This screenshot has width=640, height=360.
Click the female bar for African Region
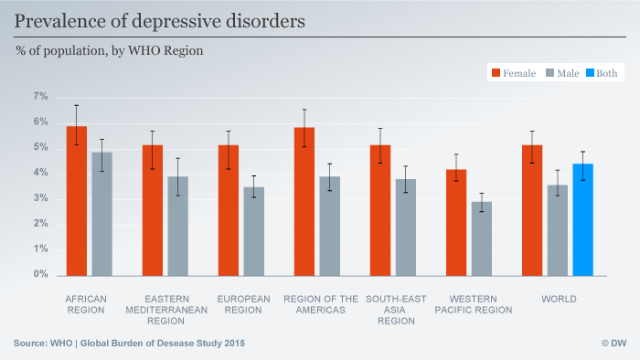coord(76,201)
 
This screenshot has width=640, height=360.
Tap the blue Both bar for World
coord(582,219)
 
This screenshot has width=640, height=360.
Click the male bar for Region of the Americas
coord(329,226)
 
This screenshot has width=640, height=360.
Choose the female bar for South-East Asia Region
coord(380,210)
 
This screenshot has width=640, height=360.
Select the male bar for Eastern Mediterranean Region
coord(177,226)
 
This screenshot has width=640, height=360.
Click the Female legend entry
coord(513,74)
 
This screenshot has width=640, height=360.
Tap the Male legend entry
coord(562,74)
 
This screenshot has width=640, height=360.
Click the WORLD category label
coord(558,299)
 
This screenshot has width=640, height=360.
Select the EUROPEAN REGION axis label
coord(244,304)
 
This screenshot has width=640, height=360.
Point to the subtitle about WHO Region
coord(109,51)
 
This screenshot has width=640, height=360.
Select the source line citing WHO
coord(129,343)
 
